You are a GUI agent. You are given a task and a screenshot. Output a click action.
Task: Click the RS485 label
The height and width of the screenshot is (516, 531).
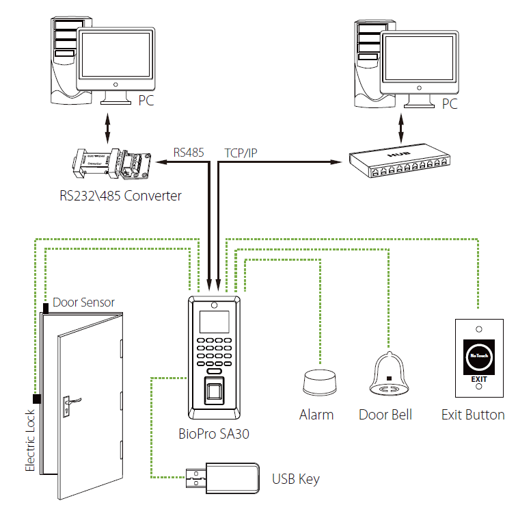[x=189, y=153]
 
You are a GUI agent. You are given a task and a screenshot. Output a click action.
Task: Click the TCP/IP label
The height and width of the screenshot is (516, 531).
[x=241, y=153]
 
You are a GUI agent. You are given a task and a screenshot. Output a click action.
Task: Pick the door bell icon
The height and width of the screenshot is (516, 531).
[x=388, y=377]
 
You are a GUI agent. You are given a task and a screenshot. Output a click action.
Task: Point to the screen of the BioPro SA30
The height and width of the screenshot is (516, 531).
[x=214, y=320]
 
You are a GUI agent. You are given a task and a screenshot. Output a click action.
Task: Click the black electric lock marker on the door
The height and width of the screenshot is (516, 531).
[x=36, y=399]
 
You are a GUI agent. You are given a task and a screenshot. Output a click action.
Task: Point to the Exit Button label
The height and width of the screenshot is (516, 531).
[x=473, y=415]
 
